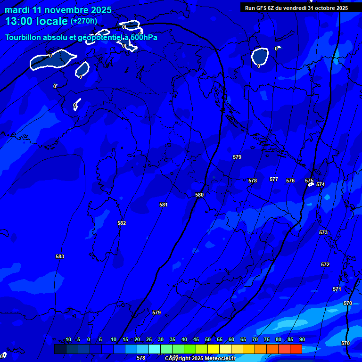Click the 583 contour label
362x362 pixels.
pos(60,256)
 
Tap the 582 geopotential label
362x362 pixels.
pos(122,223)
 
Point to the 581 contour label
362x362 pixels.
pos(164,205)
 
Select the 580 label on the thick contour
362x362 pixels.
pos(199,195)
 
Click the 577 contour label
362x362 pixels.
pos(274,179)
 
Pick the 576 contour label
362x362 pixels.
pos(290,181)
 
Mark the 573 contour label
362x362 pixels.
pos(323,232)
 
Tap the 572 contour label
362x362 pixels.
pos(325,264)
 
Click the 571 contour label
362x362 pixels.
pos(337,289)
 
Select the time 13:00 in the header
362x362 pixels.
pos(22,21)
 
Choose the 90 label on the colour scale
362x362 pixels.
pos(302,340)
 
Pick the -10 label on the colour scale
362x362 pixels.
pos(67,340)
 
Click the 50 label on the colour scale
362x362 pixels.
pos(208,340)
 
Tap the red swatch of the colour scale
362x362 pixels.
pos(296,349)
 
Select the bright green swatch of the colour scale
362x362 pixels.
pos(189,349)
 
